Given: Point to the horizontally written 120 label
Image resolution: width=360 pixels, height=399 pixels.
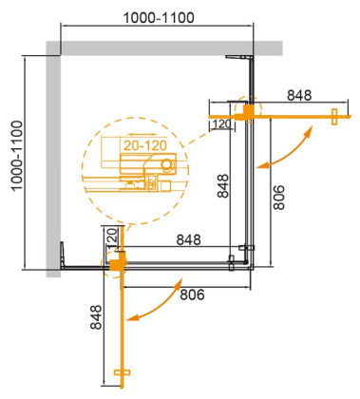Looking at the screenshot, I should pos(222,123).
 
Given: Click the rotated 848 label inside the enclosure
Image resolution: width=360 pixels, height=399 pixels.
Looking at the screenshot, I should pos(222,181).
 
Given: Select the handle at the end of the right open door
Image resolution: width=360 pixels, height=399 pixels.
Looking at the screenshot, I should pos(334,117).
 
